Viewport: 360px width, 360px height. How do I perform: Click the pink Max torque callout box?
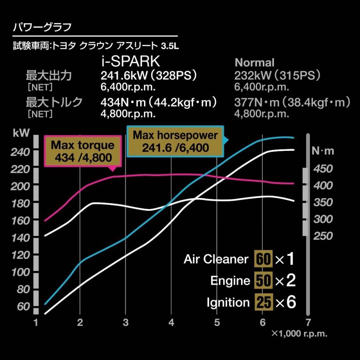click(x=82, y=151)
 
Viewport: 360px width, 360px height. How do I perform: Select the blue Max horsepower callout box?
click(x=175, y=141)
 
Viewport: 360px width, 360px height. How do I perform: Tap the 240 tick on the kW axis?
click(x=20, y=152)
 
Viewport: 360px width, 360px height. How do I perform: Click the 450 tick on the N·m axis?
click(x=322, y=169)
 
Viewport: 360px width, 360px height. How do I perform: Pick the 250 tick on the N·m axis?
click(x=322, y=236)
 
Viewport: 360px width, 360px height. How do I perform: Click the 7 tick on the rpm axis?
click(x=308, y=322)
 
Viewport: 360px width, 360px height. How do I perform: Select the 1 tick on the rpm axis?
click(x=36, y=322)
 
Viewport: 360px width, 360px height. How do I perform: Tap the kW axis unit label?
click(x=21, y=134)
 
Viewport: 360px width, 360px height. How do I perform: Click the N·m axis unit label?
click(x=322, y=151)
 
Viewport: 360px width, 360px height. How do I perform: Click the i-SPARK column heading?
click(x=130, y=62)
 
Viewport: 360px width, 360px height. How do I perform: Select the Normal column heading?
click(x=254, y=63)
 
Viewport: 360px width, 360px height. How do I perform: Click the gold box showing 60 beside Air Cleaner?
click(x=263, y=259)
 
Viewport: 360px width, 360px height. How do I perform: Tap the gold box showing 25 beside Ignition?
click(x=263, y=302)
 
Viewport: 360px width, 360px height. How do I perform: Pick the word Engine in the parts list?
click(x=230, y=281)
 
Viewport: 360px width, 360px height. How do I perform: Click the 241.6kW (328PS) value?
click(x=149, y=76)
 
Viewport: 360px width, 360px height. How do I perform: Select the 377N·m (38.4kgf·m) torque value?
click(x=292, y=103)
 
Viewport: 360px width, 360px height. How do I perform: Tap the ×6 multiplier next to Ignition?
click(x=285, y=302)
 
